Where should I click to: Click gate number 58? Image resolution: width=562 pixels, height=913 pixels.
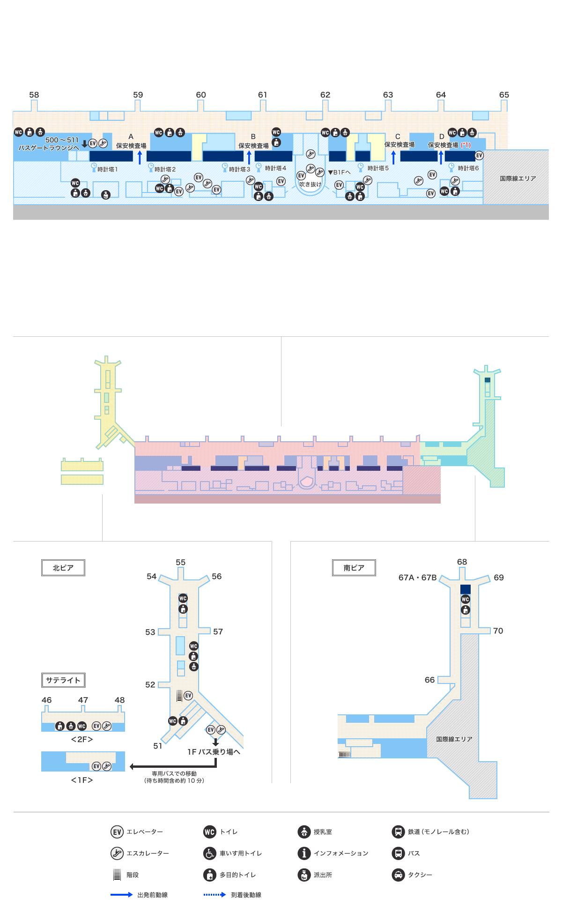tap(34, 95)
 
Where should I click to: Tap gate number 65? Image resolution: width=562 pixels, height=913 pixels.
tap(503, 95)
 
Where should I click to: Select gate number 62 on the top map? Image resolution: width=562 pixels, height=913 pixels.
tap(325, 95)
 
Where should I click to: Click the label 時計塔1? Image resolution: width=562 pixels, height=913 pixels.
tap(107, 169)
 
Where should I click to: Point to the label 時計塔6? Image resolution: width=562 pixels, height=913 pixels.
tap(468, 168)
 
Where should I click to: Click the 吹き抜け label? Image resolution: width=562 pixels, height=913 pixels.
tap(311, 184)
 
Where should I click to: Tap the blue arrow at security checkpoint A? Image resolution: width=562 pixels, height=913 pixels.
tap(140, 157)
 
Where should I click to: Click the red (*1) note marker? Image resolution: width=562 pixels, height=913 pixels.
tap(466, 145)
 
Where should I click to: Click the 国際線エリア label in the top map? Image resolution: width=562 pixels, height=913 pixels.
tap(518, 178)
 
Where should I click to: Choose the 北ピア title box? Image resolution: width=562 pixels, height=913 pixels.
tap(63, 568)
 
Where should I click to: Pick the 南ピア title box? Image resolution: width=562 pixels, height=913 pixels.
tap(354, 568)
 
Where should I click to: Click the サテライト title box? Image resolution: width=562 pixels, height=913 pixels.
tap(63, 680)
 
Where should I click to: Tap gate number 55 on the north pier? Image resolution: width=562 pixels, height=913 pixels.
tap(180, 562)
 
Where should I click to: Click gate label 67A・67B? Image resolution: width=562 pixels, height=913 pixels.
tap(417, 578)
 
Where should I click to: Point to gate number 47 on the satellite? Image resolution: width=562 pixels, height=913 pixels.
tap(83, 700)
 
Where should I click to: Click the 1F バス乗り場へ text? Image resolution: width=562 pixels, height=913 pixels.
tap(214, 752)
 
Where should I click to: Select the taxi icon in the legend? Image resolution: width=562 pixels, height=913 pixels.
tap(398, 875)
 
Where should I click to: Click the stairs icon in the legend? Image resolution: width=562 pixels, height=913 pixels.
tap(117, 875)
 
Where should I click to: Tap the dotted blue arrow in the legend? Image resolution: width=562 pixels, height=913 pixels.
tap(214, 895)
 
